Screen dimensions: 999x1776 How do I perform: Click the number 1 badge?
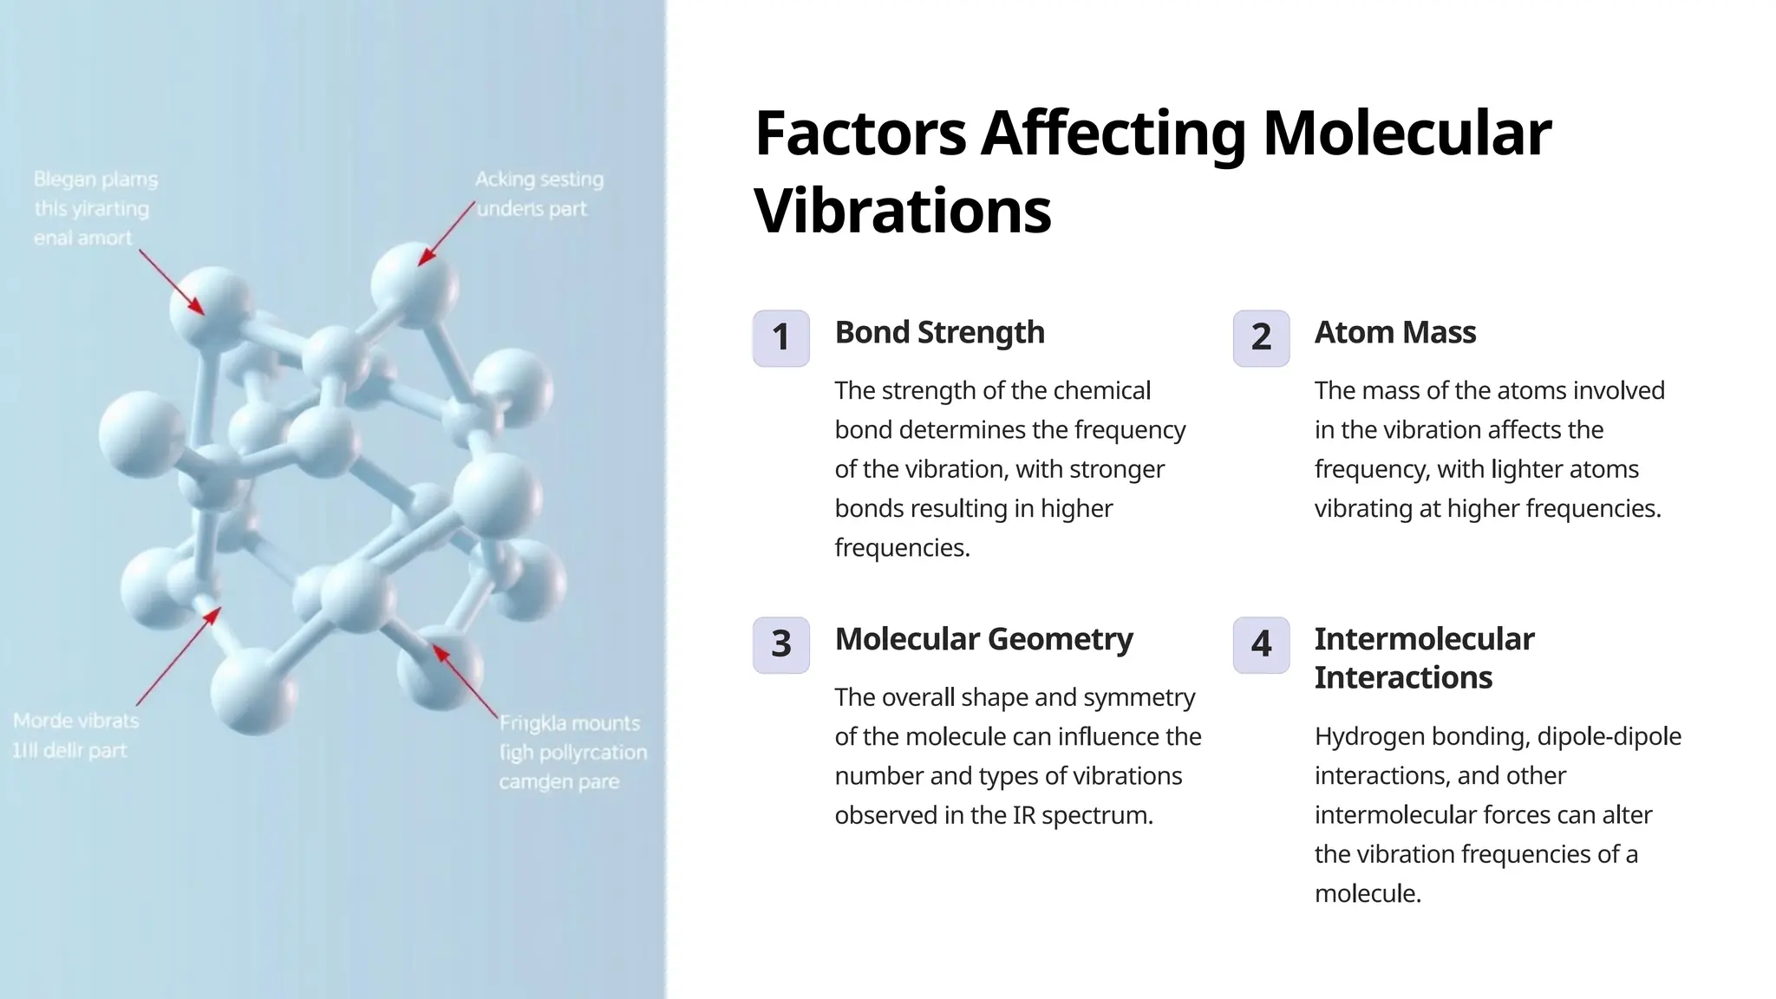point(780,338)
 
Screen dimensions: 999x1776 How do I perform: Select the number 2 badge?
point(1261,338)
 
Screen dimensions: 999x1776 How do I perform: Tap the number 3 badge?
point(780,644)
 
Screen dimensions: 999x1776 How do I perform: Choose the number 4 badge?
point(1261,644)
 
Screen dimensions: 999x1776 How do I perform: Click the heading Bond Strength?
point(939,332)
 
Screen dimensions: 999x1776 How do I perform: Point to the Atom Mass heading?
point(1394,332)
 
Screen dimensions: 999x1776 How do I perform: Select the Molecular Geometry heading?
point(983,639)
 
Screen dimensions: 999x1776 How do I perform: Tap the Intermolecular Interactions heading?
point(1424,658)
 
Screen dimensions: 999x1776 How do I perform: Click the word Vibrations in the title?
point(903,211)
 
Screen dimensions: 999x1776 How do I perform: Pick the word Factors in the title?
point(860,134)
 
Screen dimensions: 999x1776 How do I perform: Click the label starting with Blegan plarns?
point(95,208)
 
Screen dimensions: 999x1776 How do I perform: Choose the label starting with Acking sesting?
point(538,193)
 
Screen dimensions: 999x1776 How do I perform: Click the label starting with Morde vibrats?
point(75,735)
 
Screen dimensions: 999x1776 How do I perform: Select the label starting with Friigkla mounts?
point(572,752)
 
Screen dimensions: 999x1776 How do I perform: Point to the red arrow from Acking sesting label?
point(447,233)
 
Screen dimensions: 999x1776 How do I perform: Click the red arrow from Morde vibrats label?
point(178,656)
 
